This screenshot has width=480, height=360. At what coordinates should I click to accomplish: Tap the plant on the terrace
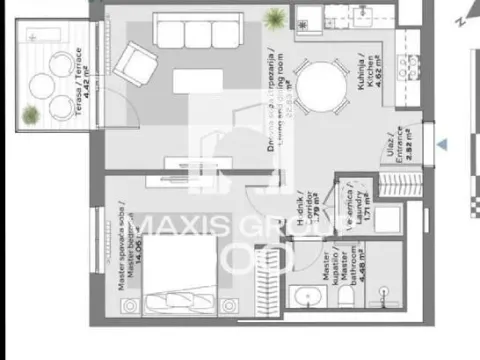coord(31,112)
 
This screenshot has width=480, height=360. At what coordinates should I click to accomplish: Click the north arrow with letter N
coord(461,18)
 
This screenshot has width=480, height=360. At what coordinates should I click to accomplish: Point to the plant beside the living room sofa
coord(273,16)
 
